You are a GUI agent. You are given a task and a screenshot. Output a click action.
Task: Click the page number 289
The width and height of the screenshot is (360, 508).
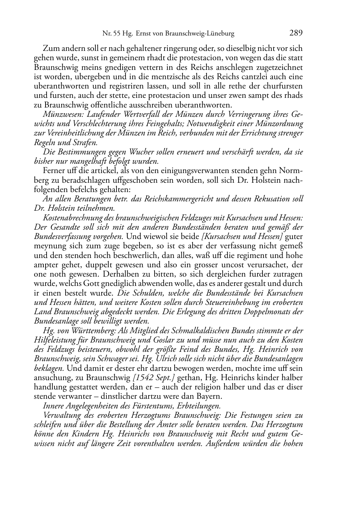(296, 33)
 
